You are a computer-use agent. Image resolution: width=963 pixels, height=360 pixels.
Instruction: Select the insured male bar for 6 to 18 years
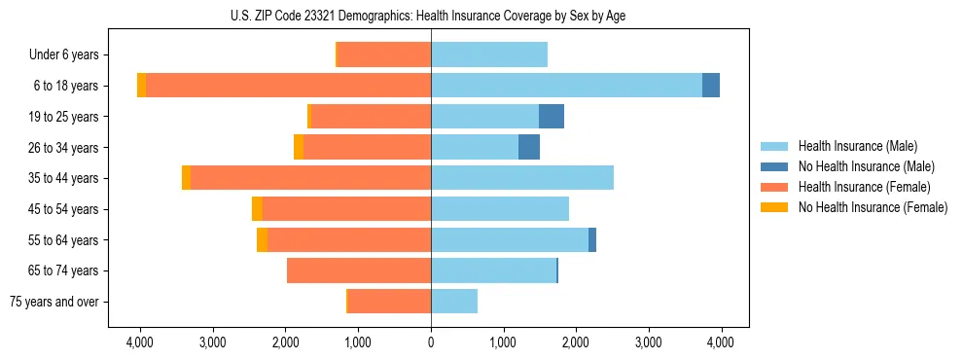tap(566, 86)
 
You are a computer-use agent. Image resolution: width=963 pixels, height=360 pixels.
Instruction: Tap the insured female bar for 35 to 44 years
tap(310, 178)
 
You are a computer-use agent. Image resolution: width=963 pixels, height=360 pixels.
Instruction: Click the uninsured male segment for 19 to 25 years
tap(552, 117)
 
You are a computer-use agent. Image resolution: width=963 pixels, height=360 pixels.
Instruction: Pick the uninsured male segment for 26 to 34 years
tap(529, 147)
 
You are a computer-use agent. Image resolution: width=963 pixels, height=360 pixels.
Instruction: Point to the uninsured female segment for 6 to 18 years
tap(142, 86)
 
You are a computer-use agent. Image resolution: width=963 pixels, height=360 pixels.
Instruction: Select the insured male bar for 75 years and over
tap(454, 302)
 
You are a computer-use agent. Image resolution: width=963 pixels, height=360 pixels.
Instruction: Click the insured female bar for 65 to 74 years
tap(359, 270)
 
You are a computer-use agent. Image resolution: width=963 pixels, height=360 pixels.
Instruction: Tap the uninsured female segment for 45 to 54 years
tap(257, 209)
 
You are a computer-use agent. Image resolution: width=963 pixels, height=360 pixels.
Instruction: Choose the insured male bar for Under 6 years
tap(489, 54)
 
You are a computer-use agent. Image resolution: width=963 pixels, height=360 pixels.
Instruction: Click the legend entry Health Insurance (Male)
tap(857, 146)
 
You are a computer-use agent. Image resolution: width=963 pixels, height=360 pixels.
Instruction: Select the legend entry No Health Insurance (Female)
tap(873, 207)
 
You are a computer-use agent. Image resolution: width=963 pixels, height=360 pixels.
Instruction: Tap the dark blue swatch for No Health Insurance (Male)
tap(774, 166)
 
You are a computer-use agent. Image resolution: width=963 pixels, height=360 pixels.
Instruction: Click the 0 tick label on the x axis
tap(431, 342)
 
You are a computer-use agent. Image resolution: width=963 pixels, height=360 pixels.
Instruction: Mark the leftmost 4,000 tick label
tap(140, 342)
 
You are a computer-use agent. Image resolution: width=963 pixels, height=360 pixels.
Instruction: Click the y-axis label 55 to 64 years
tap(63, 240)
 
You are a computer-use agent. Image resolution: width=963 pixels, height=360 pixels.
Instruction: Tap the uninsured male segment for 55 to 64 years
tap(592, 240)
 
